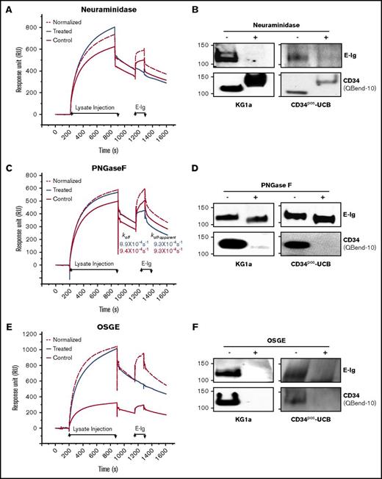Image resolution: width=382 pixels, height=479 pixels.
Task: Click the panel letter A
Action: pos(7,7)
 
